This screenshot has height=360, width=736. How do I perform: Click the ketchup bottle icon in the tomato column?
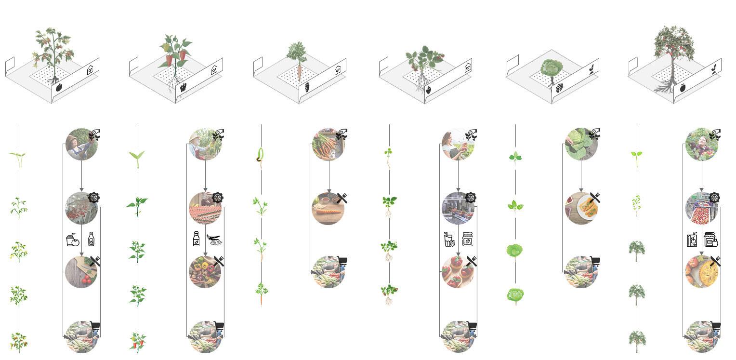[x=91, y=239]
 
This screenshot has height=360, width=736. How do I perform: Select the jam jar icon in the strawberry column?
[x=467, y=240]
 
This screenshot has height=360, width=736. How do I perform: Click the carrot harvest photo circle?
[x=328, y=144]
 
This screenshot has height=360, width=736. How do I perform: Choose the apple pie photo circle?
[x=702, y=271]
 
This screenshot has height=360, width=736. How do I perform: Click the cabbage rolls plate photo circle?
[x=581, y=208]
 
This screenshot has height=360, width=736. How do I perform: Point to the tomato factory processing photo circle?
[x=81, y=208]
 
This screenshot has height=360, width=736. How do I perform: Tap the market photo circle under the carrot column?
[x=328, y=272]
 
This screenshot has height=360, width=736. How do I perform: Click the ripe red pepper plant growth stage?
[x=137, y=341]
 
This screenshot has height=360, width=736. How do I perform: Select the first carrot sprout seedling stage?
[x=261, y=157]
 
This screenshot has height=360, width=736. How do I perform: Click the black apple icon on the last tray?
[x=683, y=88]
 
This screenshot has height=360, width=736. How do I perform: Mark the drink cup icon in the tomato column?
[x=72, y=240]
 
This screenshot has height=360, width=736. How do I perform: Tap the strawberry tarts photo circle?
[x=458, y=272]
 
